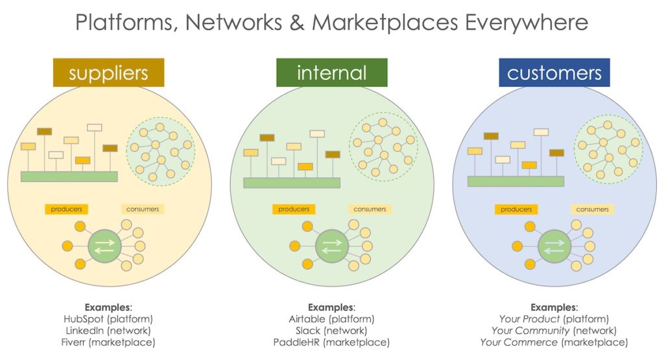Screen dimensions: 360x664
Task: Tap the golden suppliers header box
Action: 109,73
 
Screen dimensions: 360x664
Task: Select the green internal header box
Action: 331,73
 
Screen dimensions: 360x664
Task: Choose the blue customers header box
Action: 554,73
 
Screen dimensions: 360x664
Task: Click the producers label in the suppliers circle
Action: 67,209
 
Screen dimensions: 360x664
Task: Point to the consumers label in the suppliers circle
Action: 143,209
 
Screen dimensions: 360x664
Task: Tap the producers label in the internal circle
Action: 294,209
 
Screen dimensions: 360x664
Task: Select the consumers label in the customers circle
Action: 592,209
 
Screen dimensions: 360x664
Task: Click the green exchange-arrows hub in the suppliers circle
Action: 104,246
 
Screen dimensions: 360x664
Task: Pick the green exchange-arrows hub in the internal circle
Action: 331,246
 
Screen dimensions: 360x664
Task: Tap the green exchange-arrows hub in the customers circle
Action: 554,246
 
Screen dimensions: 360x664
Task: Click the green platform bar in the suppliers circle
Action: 69,176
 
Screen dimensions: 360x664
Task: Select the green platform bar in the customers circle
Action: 516,181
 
